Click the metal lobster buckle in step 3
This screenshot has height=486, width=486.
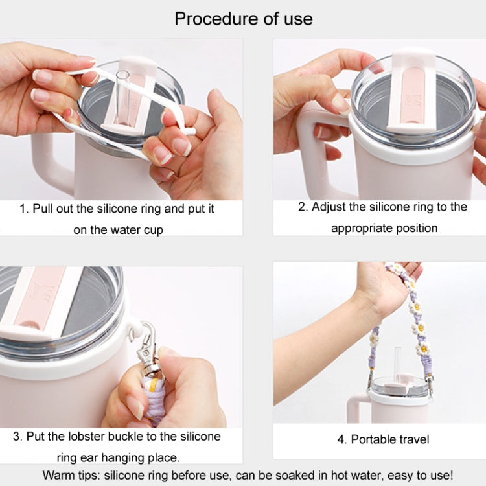pos(148,349)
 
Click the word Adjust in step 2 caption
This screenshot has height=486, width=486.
pos(329,207)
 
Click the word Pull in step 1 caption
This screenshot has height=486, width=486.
pos(43,209)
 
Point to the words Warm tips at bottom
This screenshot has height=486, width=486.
pos(71,475)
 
